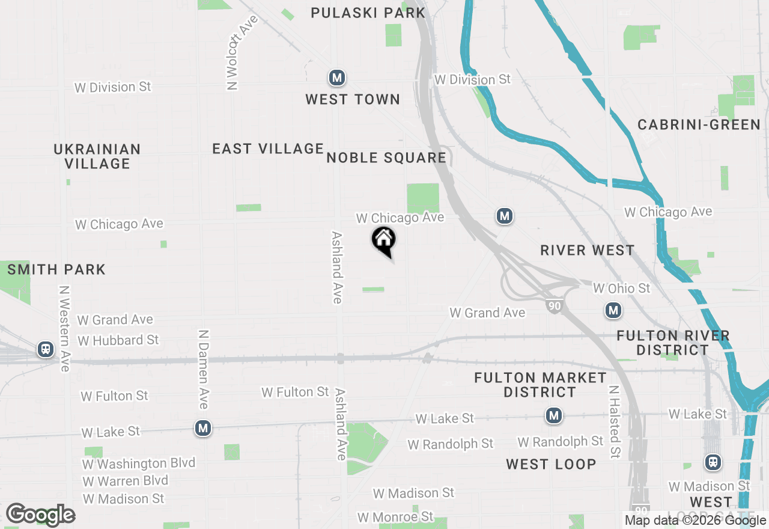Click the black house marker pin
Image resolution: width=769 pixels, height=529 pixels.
384,240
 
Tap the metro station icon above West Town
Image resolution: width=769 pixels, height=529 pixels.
336,78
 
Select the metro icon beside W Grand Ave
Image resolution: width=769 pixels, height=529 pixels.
613,310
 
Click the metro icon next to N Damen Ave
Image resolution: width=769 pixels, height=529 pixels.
203,428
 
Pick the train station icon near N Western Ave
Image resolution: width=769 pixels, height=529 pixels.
46,349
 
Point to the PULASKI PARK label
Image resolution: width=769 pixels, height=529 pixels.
368,13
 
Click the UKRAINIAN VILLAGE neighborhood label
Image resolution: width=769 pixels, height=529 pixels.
97,156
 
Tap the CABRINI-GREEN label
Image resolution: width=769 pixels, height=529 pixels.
699,124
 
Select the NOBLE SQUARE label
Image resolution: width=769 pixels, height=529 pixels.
386,158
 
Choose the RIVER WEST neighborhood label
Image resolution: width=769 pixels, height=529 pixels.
587,251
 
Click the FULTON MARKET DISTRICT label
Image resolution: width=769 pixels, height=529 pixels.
540,385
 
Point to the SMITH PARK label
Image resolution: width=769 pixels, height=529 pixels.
56,270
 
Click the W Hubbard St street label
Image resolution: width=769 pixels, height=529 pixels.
118,340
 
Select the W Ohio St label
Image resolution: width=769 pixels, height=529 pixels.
621,289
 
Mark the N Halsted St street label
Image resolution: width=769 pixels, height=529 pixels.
613,422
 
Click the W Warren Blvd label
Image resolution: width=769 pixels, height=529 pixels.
125,481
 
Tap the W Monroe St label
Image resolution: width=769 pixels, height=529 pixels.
395,517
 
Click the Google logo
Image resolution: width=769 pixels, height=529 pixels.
40,515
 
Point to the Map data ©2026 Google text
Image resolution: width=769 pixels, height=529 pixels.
695,521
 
